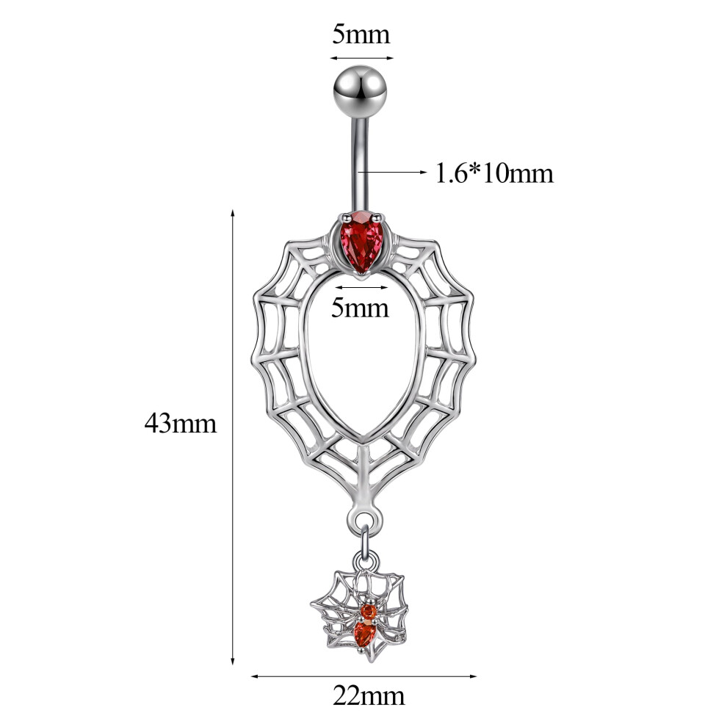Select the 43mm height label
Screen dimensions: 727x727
[x=181, y=423]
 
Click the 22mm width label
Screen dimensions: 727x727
[x=369, y=696]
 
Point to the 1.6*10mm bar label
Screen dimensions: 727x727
[x=495, y=174]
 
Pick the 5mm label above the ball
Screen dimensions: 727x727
[x=361, y=35]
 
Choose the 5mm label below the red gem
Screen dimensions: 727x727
[x=360, y=308]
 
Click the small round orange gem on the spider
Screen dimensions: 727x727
[x=368, y=611]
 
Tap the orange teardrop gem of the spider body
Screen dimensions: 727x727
[x=364, y=634]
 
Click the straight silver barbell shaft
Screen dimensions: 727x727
[x=361, y=165]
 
